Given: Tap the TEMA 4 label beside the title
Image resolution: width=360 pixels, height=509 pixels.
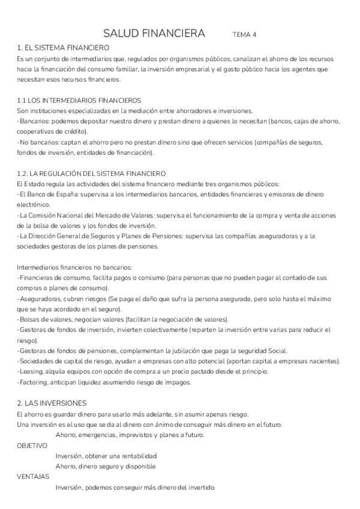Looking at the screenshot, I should click(244, 35).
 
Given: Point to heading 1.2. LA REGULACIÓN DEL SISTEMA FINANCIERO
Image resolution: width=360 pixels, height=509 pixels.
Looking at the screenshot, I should click(91, 173).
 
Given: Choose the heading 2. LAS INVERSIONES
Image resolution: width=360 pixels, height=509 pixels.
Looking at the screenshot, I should click(52, 403).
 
